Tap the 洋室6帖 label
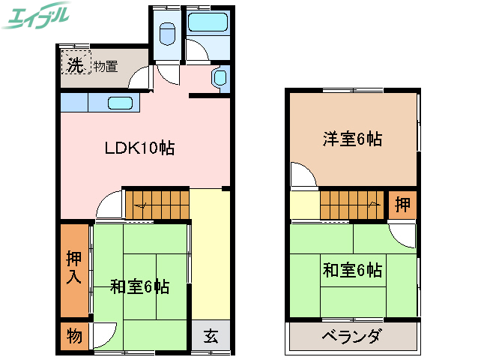coord(352,139)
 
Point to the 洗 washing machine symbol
coord(75,64)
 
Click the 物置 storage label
coord(105,66)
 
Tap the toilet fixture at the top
coord(168,33)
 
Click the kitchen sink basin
coord(120,102)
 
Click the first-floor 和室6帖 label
coord(139,286)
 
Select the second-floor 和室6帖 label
coord(352,268)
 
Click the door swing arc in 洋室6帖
coord(302,175)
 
